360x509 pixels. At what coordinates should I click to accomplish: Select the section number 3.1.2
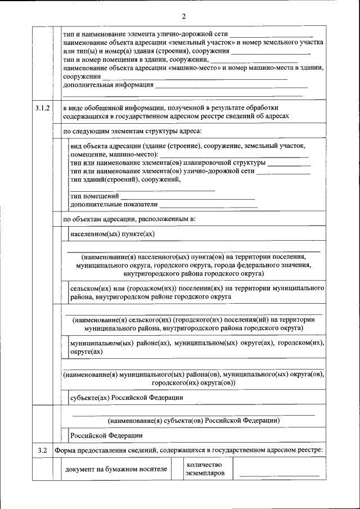(42, 107)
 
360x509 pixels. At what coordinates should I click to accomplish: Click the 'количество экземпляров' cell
(205, 469)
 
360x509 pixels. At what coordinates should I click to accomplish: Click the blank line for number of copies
(280, 475)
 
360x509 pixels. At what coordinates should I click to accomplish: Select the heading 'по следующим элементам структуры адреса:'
(132, 131)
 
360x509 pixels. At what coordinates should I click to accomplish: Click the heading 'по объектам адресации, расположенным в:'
(129, 218)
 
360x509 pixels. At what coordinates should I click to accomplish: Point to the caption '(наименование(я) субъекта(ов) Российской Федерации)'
(193, 420)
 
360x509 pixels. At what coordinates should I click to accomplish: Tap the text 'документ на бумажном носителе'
(116, 469)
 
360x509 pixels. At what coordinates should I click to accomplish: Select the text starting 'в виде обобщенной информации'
(175, 111)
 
